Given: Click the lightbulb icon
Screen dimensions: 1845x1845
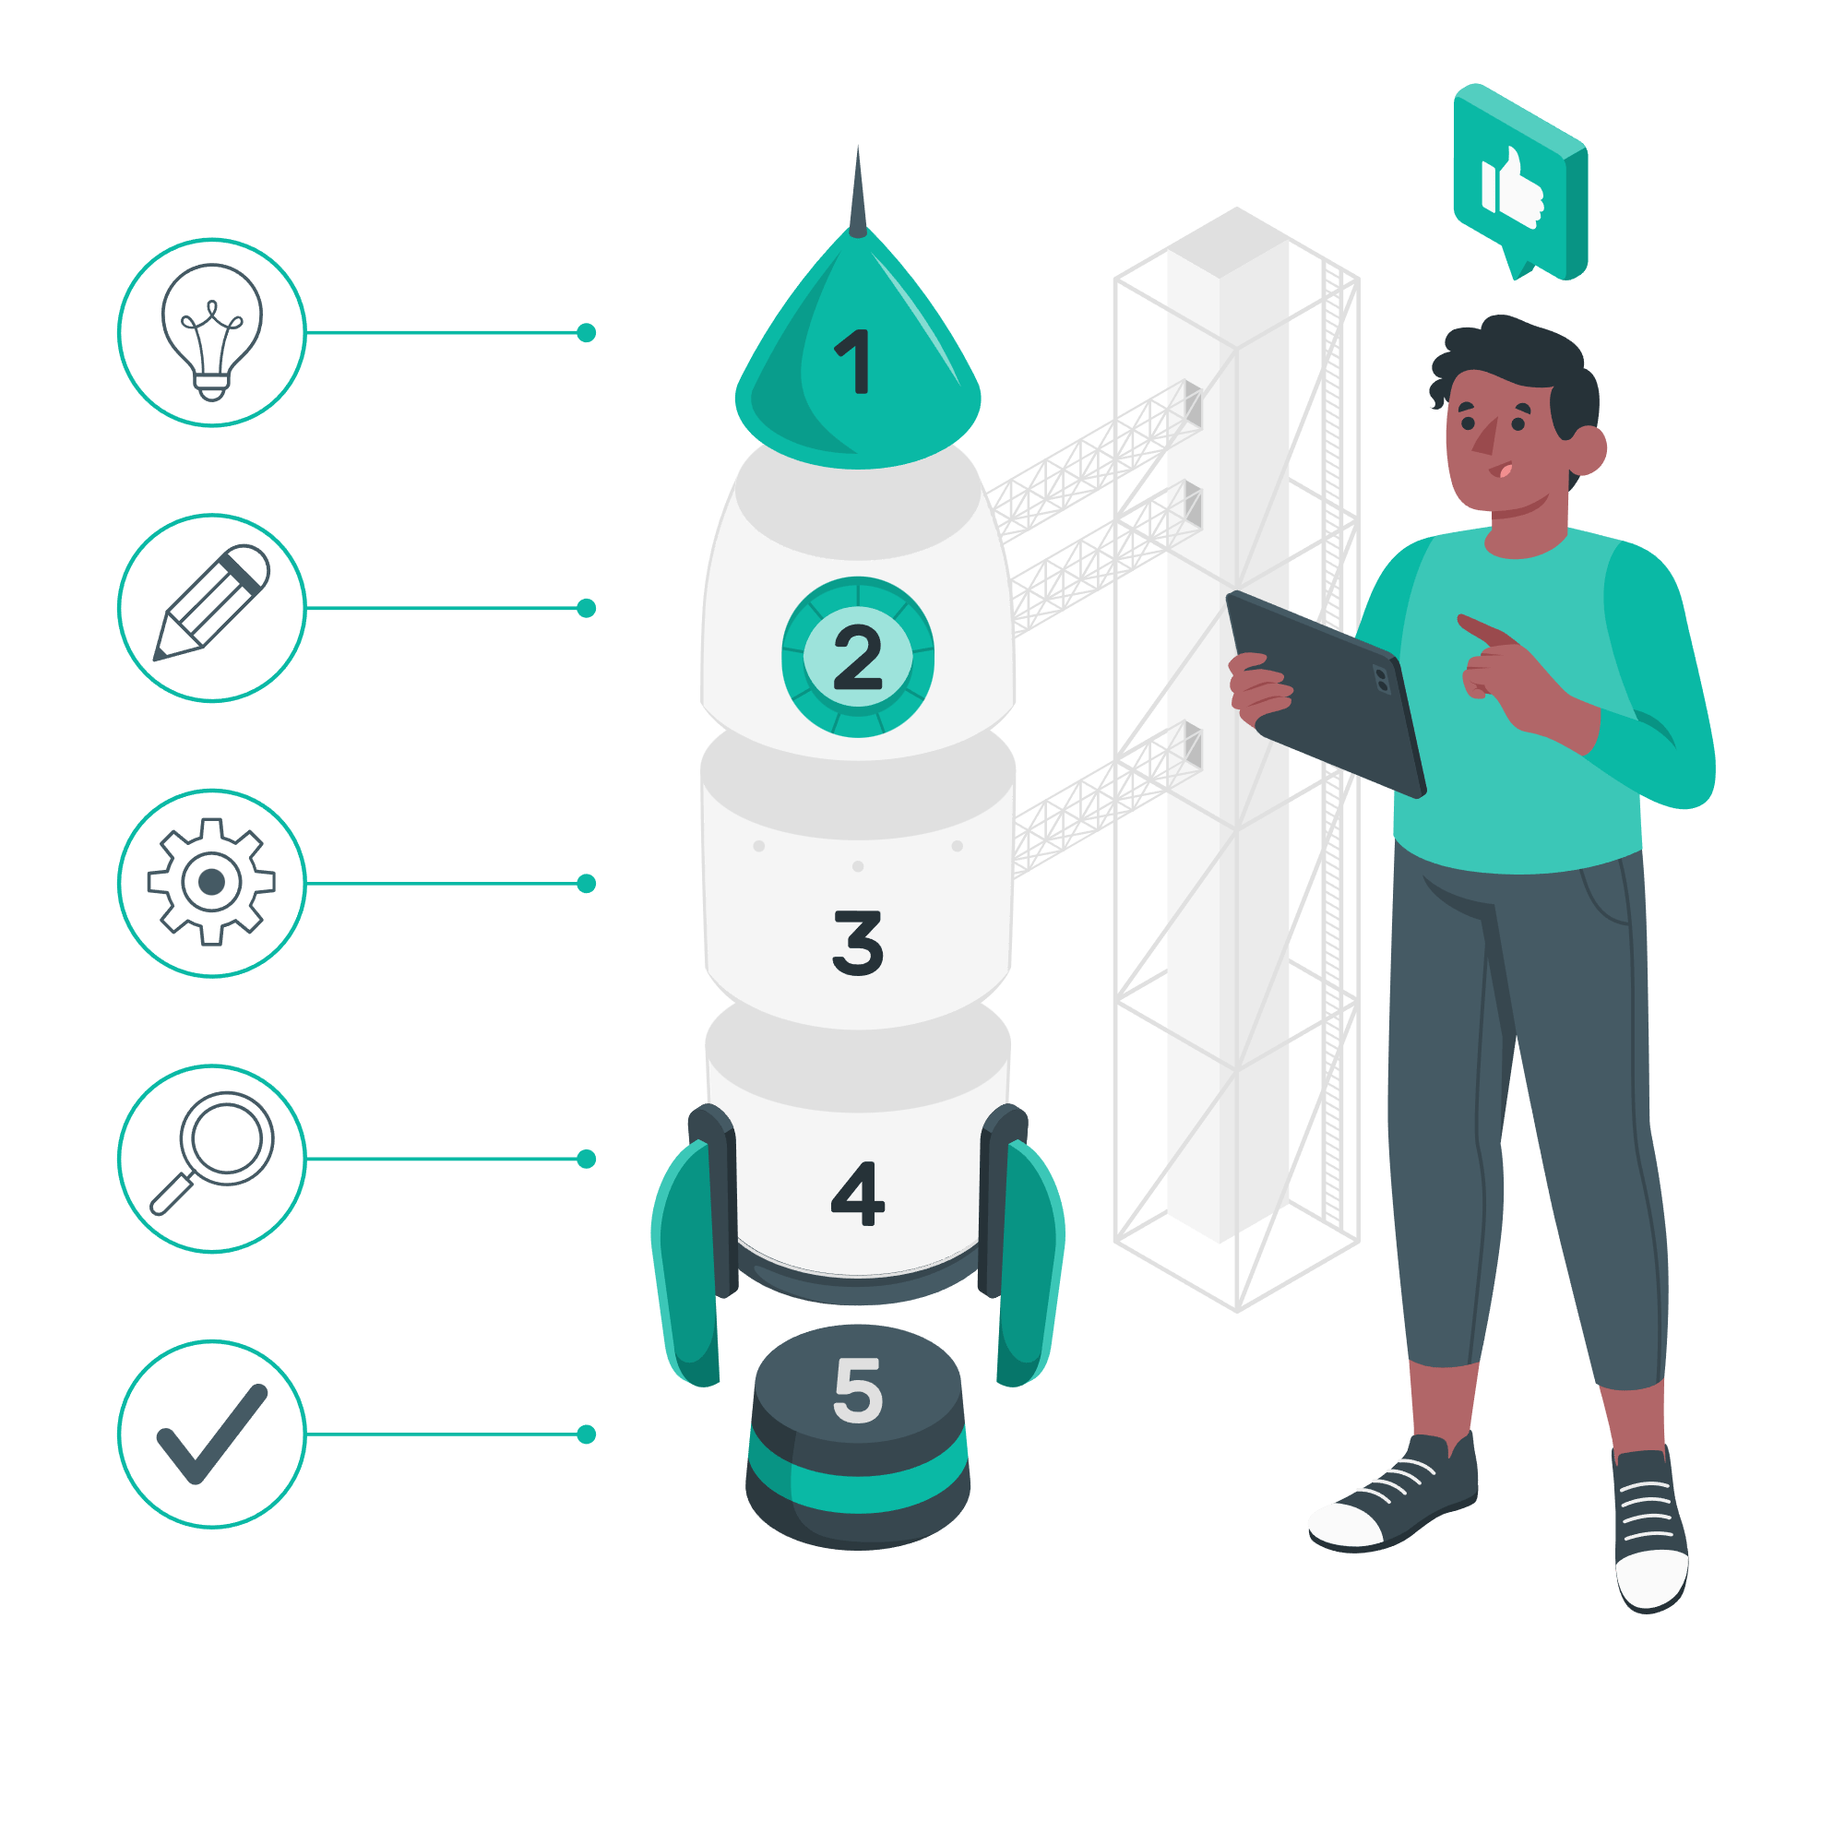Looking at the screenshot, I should point(211,330).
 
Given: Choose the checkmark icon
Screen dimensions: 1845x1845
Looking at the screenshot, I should point(211,1433).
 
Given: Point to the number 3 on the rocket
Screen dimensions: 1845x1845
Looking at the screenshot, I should point(857,943).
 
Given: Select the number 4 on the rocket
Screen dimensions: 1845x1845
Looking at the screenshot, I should point(857,1193).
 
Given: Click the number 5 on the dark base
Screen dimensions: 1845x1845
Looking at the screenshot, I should point(857,1390).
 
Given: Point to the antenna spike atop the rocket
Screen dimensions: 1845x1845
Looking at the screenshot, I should point(857,191).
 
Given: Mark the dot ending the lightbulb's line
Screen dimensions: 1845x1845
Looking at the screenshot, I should point(587,332).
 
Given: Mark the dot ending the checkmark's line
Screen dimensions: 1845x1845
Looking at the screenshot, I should point(587,1434).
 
